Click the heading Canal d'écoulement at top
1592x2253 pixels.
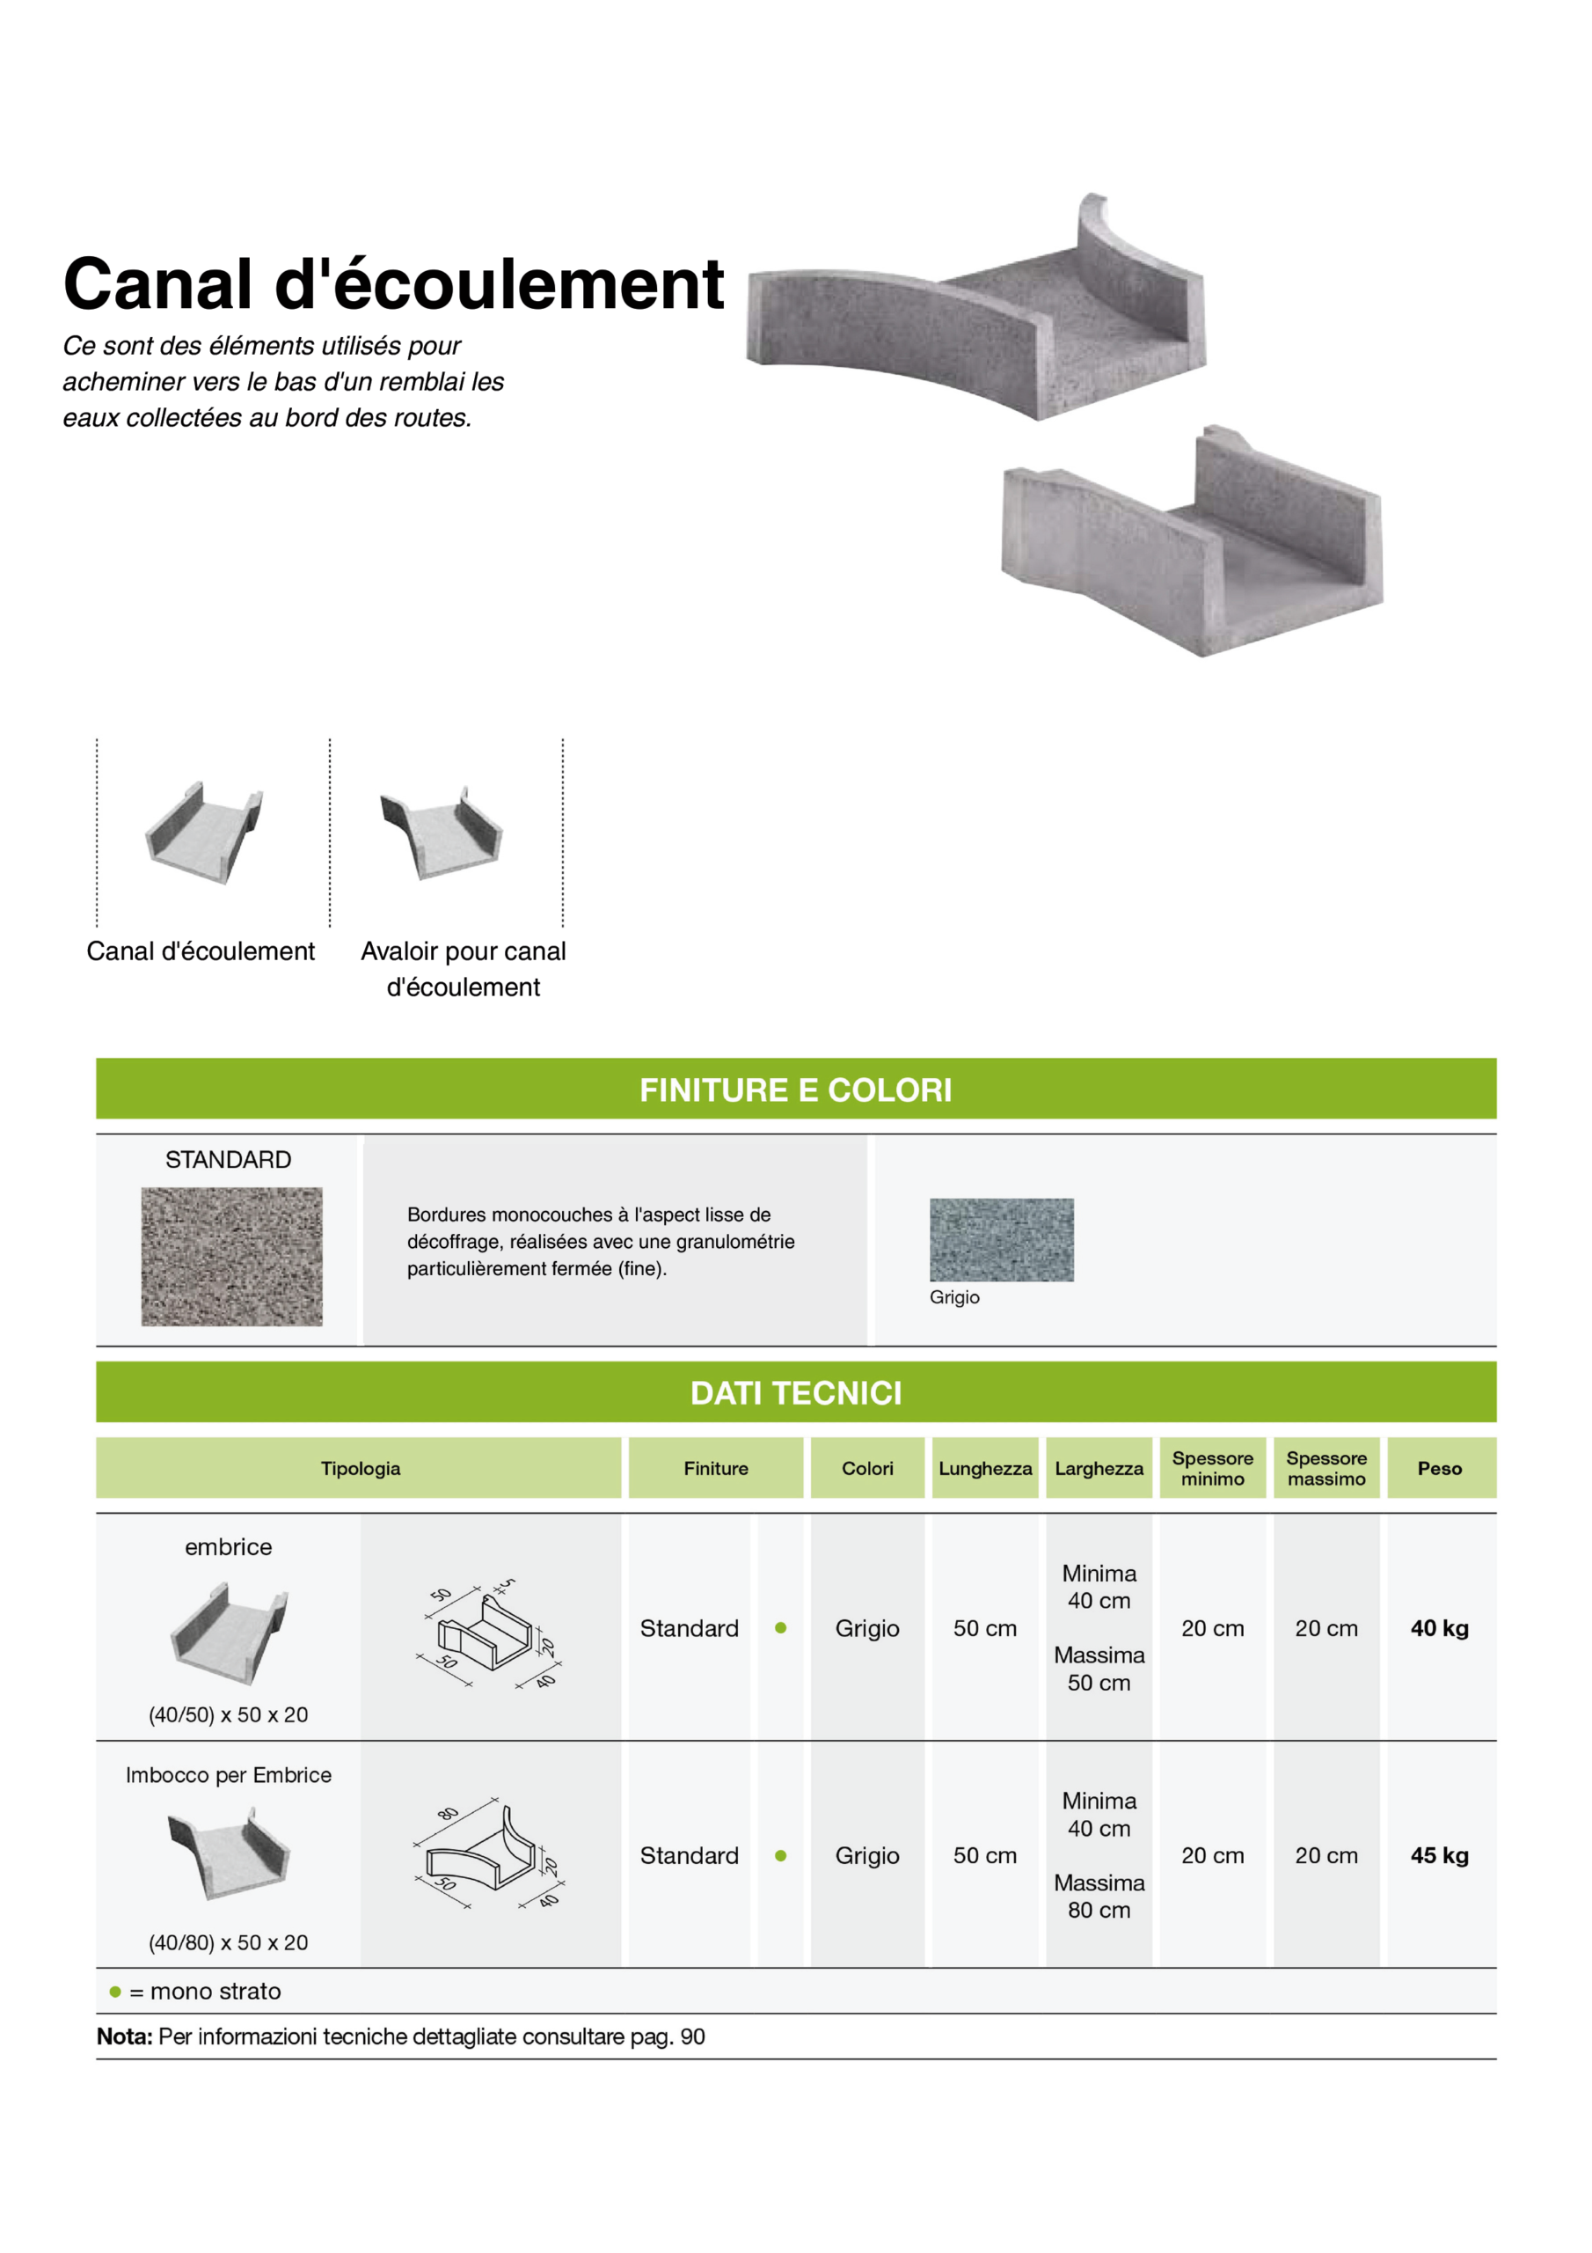tap(393, 284)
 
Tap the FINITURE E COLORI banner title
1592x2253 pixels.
tap(795, 1090)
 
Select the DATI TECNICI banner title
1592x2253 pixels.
tap(795, 1393)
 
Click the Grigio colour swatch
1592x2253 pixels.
tap(1002, 1239)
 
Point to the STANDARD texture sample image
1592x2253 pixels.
tap(231, 1257)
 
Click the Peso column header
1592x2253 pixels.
tap(1439, 1469)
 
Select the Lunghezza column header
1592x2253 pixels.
tap(985, 1469)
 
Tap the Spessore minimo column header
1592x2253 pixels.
tap(1212, 1469)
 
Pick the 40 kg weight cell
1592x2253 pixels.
tap(1439, 1629)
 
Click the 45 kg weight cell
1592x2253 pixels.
tap(1439, 1855)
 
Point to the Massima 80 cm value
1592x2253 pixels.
tap(1099, 1897)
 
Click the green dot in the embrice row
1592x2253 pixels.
tap(781, 1628)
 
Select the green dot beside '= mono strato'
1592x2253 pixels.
tap(114, 1991)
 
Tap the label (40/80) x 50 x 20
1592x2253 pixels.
tap(229, 1943)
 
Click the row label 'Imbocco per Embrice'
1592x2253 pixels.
tap(229, 1775)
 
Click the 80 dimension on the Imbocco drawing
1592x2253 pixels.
tap(449, 1813)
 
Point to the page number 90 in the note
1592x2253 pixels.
tap(692, 2037)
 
